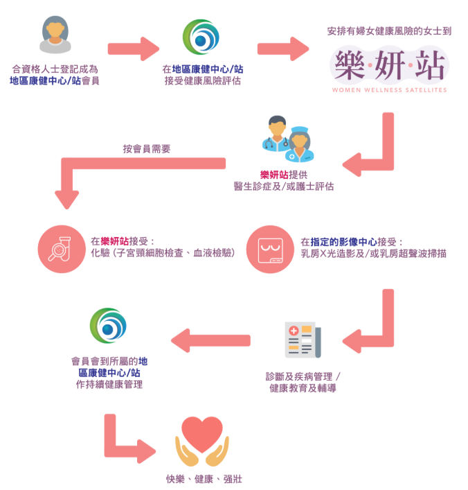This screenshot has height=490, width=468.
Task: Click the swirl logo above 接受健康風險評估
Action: [201, 39]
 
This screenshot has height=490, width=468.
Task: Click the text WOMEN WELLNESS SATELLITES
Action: [389, 90]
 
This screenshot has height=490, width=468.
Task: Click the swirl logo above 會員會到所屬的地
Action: [109, 329]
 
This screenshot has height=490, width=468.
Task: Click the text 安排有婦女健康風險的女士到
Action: [389, 31]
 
